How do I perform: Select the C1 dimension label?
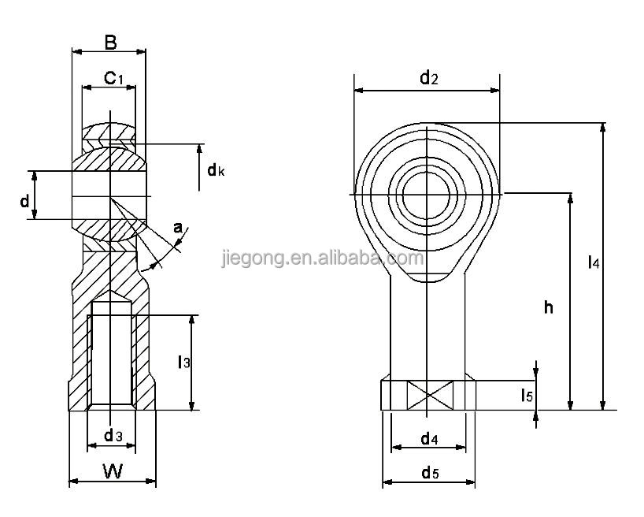113,77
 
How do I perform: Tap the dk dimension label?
216,169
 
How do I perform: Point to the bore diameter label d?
25,201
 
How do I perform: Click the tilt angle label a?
178,229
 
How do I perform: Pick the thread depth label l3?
183,362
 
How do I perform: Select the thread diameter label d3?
113,436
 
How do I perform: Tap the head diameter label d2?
427,77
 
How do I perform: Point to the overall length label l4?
594,264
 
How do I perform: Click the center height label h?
548,307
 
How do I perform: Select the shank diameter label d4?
429,437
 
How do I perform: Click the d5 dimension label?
429,472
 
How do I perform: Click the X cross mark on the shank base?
427,395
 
